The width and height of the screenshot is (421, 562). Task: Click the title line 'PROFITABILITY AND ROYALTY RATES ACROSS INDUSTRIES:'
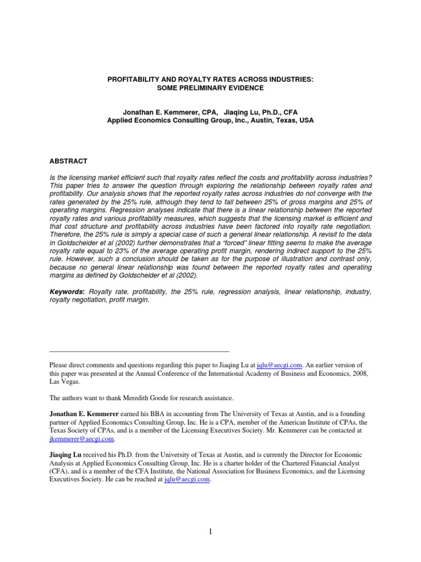[210, 80]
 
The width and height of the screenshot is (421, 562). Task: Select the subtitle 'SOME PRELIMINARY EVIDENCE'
[210, 88]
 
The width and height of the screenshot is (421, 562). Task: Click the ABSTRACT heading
[68, 161]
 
